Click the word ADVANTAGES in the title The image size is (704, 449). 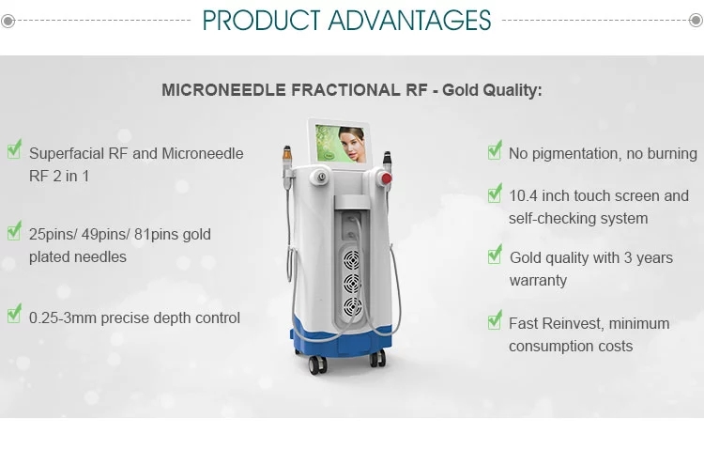tap(409, 21)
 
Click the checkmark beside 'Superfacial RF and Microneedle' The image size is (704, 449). tap(14, 148)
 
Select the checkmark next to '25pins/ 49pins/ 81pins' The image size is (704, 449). tap(14, 230)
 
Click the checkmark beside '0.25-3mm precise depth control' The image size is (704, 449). tap(14, 313)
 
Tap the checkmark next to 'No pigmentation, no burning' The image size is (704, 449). tap(495, 149)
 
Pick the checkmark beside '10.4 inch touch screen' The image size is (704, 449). tap(495, 193)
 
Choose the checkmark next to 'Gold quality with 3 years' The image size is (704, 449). tap(495, 254)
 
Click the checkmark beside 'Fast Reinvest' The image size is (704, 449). tap(495, 319)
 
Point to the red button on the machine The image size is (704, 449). tap(386, 178)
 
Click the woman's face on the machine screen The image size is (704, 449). tap(352, 143)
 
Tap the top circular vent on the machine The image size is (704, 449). tap(352, 260)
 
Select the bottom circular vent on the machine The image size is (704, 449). tap(352, 307)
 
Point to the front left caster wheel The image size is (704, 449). tap(316, 365)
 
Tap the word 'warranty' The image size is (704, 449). tap(538, 281)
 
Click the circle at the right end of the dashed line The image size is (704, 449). tap(696, 20)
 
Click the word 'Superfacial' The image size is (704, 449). tap(67, 154)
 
